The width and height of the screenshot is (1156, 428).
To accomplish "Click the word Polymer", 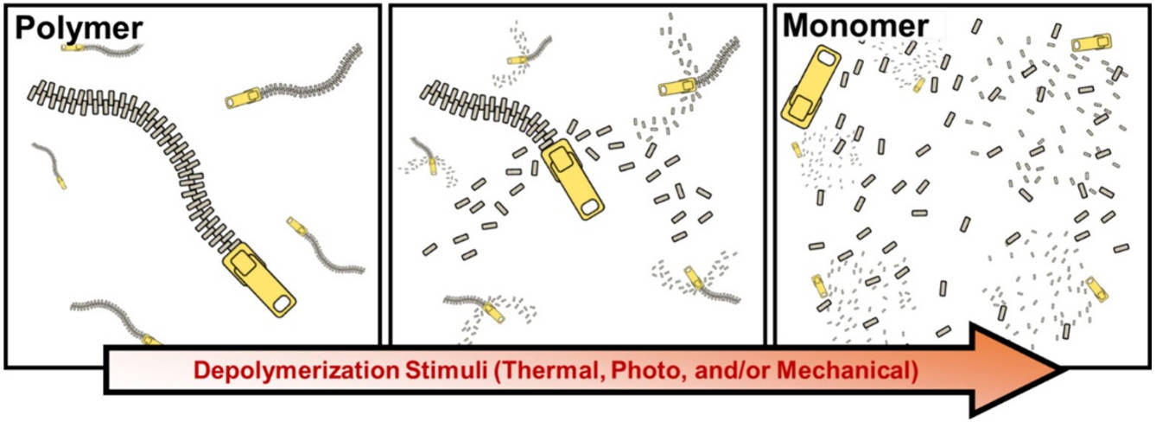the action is tap(79, 29).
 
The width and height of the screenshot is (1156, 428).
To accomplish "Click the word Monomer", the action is tap(855, 25).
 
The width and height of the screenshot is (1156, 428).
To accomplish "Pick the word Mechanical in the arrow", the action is tap(848, 371).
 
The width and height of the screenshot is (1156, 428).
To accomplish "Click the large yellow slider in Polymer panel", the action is tap(259, 279).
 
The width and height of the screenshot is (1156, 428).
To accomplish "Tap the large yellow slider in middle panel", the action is tap(572, 179).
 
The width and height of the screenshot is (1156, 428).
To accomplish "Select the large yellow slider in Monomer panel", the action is tap(810, 86).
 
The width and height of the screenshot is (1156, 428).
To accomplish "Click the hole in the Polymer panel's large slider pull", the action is tap(283, 303).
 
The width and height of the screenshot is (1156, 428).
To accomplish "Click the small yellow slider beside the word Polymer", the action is tap(73, 48).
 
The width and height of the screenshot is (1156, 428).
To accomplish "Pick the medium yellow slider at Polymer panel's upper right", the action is tap(244, 98).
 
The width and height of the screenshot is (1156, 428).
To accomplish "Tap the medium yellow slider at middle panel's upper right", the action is tap(677, 86).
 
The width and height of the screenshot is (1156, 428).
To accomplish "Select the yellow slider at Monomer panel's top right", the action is tap(1091, 43).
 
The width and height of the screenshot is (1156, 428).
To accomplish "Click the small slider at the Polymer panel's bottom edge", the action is tap(152, 340).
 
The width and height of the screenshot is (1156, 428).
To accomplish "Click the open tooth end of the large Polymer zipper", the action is tap(35, 92).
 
